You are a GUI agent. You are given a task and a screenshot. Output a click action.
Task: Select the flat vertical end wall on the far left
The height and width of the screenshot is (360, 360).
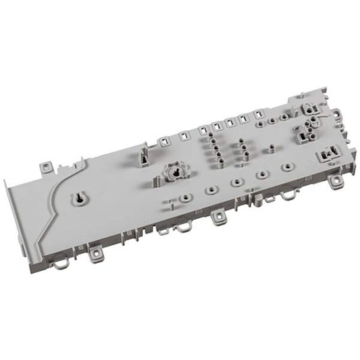(x=24, y=203)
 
